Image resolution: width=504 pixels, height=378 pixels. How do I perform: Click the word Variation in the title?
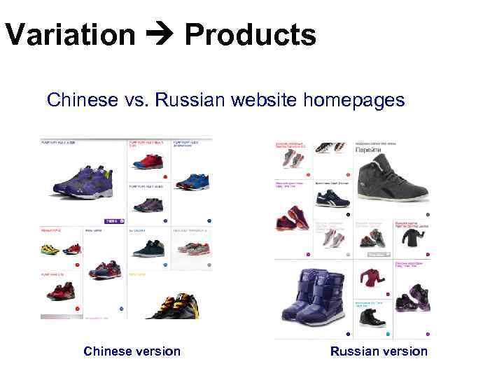tap(69, 34)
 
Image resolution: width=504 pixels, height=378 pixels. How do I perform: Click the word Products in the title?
tap(250, 34)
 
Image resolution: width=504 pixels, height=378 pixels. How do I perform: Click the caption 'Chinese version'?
tap(132, 351)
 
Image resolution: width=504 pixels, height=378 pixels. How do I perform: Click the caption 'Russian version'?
tap(379, 351)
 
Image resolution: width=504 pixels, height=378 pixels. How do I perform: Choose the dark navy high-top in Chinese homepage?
tap(148, 248)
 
